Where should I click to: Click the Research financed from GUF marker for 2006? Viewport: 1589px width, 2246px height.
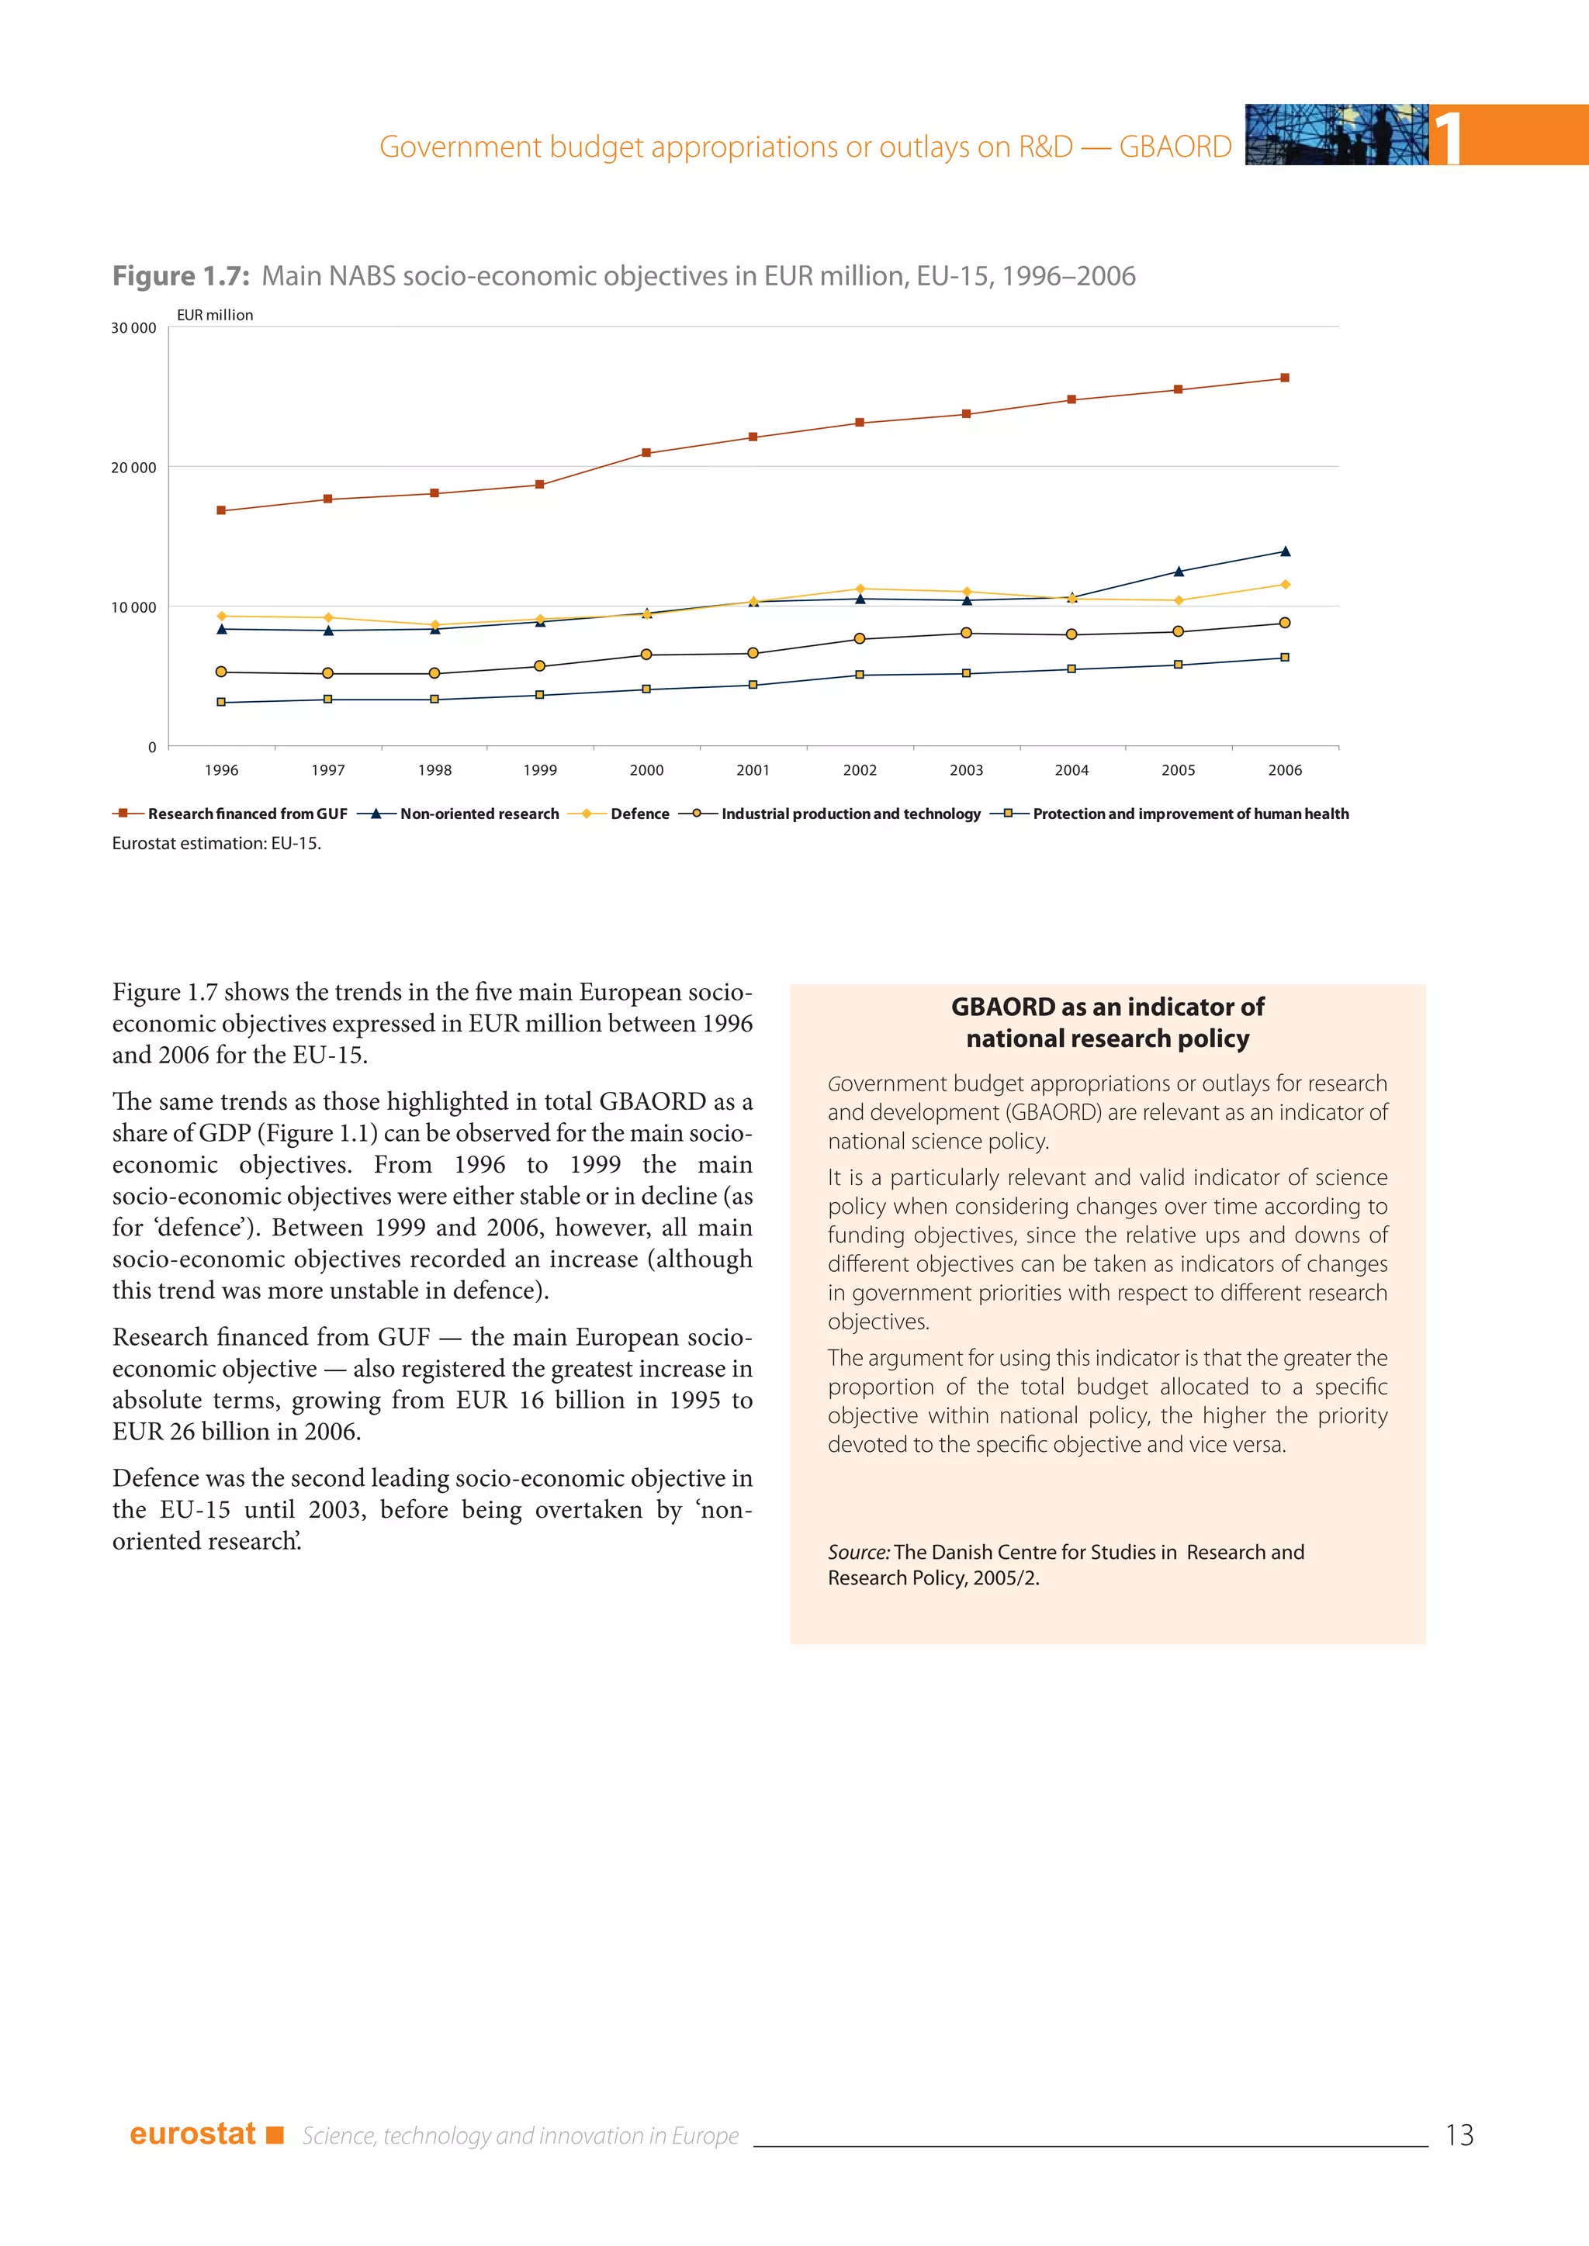[1285, 378]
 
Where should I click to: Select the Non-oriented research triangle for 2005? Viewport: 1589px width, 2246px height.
[1178, 572]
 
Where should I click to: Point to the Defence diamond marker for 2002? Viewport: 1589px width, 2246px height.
[859, 589]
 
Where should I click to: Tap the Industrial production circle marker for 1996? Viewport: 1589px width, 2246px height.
[221, 672]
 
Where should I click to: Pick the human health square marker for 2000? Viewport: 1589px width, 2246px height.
[646, 689]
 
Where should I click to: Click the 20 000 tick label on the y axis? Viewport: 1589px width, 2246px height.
[133, 468]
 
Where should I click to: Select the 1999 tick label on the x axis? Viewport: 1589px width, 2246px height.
[539, 771]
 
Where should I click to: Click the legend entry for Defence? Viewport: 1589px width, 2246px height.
[639, 814]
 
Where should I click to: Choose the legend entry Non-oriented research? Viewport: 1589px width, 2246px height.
[479, 814]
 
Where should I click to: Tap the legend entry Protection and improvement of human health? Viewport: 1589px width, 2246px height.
[1189, 814]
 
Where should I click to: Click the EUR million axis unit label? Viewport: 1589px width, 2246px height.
[214, 315]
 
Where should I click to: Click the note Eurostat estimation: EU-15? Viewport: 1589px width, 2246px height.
[216, 843]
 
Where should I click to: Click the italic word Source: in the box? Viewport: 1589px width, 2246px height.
[858, 1553]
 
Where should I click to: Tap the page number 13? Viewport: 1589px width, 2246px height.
[1458, 2134]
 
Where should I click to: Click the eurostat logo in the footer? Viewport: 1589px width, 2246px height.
[192, 2134]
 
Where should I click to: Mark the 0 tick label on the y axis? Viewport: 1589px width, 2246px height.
[151, 748]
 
